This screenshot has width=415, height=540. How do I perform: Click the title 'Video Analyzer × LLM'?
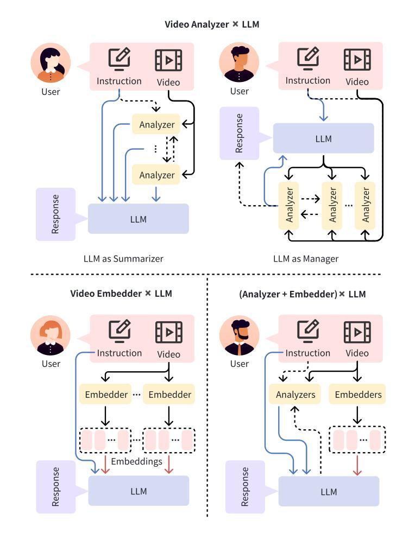[x=207, y=25]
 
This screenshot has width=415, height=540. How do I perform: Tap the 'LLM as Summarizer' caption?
[x=123, y=259]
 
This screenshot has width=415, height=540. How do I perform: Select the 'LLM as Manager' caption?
[x=306, y=259]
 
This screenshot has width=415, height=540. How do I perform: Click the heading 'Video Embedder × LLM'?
[x=121, y=294]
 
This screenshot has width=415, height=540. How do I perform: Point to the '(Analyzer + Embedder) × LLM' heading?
[x=303, y=294]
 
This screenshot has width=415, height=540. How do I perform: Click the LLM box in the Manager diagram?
[x=323, y=138]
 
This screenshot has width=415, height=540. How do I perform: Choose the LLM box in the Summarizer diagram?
[x=139, y=219]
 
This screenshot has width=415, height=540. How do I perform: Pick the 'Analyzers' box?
[x=295, y=395]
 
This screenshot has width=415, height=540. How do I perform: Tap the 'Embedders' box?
[x=358, y=395]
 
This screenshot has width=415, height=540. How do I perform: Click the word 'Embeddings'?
[x=136, y=461]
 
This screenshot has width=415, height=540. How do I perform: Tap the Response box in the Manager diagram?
[x=239, y=134]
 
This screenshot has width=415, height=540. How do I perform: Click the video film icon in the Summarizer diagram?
[x=168, y=60]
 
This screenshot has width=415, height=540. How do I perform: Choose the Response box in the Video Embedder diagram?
[x=55, y=487]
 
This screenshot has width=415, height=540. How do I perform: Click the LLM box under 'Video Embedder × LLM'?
[x=139, y=491]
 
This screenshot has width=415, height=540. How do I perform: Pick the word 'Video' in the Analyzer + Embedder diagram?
[x=357, y=353]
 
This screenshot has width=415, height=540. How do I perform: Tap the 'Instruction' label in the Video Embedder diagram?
[x=120, y=353]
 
